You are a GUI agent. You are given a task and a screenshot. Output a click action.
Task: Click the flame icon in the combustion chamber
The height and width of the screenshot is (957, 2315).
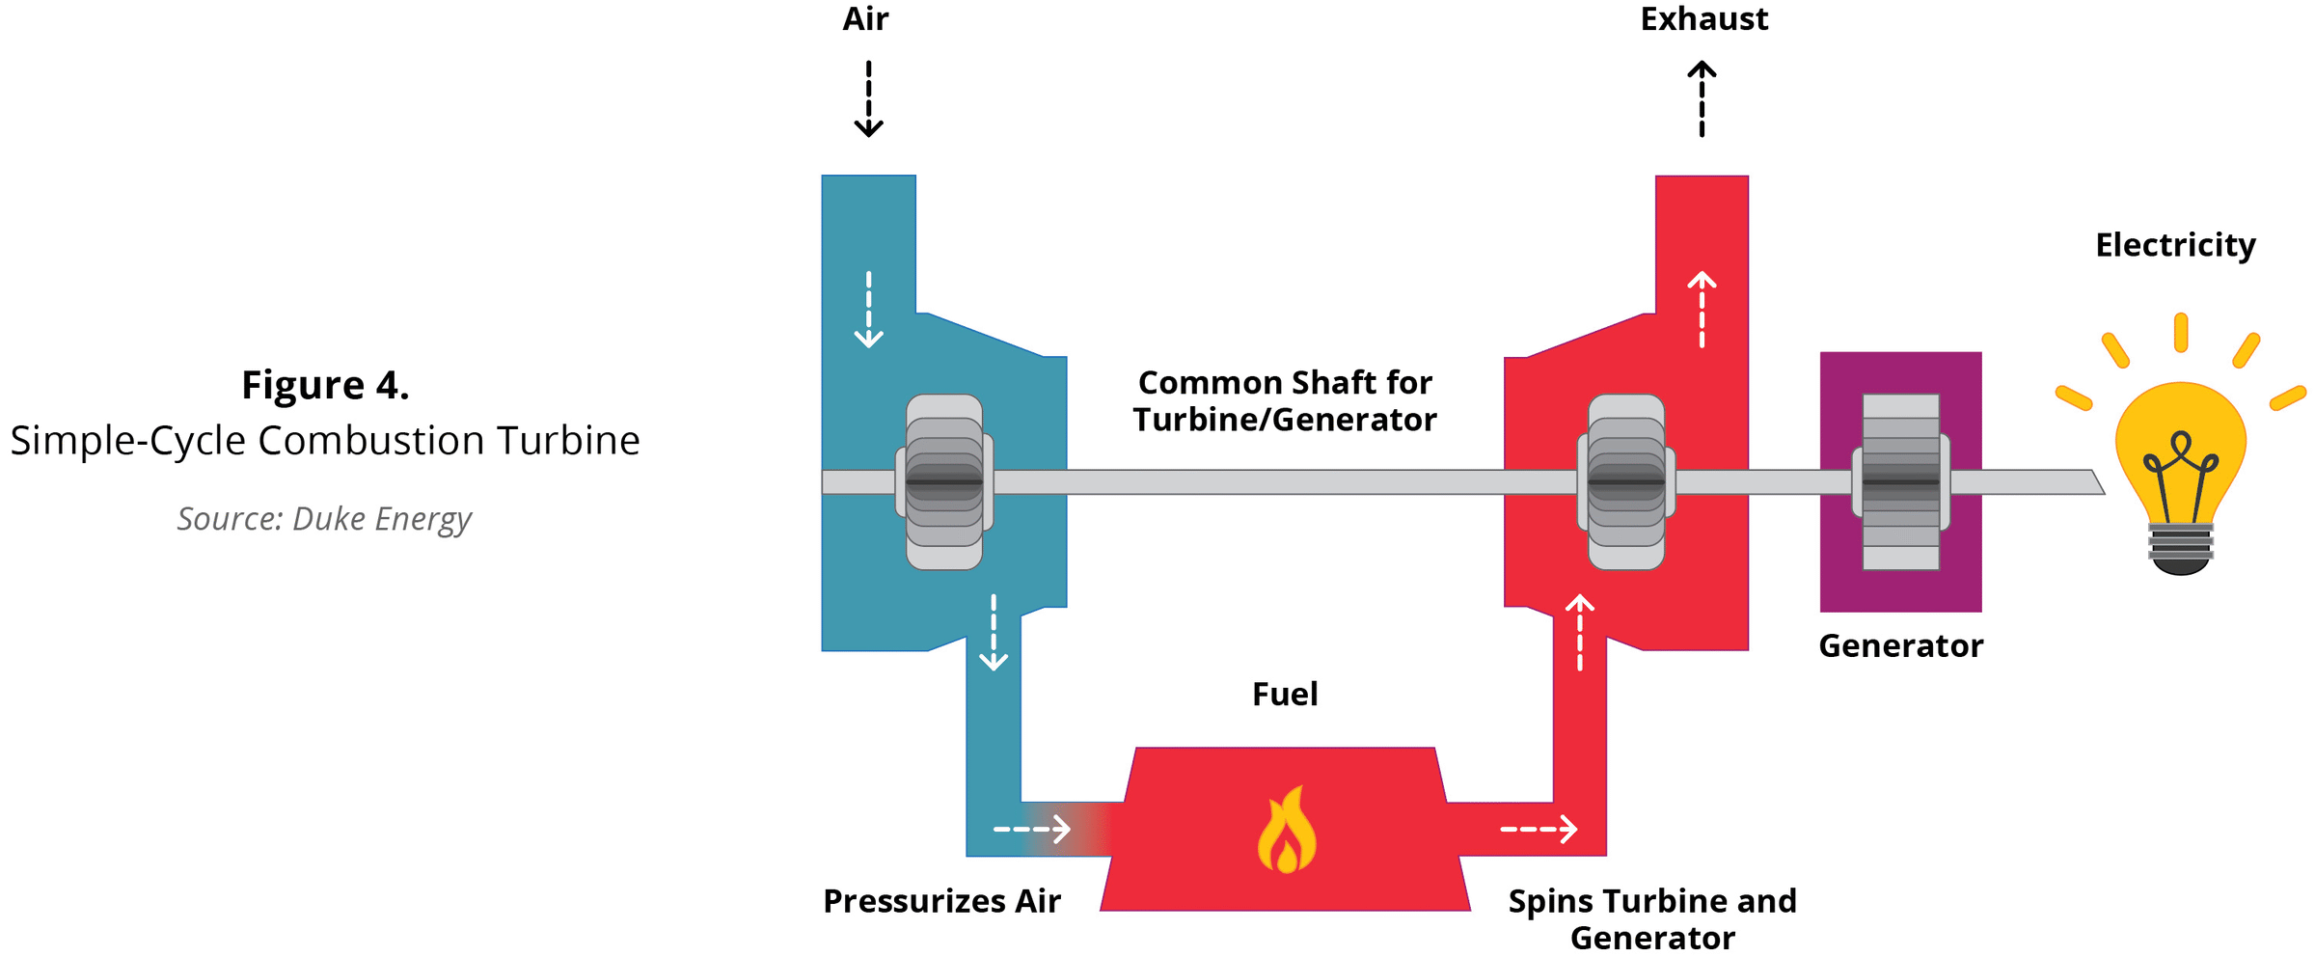pyautogui.click(x=1286, y=831)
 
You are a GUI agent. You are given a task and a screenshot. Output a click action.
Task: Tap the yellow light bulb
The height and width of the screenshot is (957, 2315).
pyautogui.click(x=2180, y=453)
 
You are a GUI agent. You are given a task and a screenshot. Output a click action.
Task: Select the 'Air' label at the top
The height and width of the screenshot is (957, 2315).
pyautogui.click(x=865, y=19)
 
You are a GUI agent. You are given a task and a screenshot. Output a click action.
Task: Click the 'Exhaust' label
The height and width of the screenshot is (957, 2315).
pyautogui.click(x=1703, y=19)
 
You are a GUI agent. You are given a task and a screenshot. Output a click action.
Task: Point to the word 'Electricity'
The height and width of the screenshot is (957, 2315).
pyautogui.click(x=2175, y=245)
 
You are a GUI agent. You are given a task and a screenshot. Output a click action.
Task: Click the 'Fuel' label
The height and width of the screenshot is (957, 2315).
pyautogui.click(x=1285, y=695)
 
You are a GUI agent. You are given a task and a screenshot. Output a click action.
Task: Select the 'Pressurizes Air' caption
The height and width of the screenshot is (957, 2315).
pyautogui.click(x=941, y=901)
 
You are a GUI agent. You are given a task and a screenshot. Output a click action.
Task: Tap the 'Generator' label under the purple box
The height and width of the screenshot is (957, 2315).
pyautogui.click(x=1900, y=645)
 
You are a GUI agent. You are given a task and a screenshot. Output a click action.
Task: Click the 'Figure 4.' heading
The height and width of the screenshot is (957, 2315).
pyautogui.click(x=325, y=385)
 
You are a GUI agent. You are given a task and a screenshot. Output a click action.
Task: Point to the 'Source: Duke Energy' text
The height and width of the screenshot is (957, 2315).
pyautogui.click(x=324, y=519)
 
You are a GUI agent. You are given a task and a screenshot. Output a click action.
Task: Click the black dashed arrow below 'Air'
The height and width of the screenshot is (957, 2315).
pyautogui.click(x=868, y=98)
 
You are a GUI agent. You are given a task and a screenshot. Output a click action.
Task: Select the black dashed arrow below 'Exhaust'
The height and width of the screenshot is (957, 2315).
pyautogui.click(x=1702, y=98)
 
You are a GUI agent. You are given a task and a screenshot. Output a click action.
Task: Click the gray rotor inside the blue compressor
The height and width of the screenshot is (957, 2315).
pyautogui.click(x=944, y=481)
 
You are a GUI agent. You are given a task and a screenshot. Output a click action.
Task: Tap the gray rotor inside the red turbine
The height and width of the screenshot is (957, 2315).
pyautogui.click(x=1626, y=481)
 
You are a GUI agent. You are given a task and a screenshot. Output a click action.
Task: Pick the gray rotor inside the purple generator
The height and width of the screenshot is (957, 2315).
pyautogui.click(x=1900, y=481)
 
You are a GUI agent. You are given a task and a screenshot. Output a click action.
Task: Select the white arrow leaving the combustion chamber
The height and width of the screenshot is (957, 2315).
pyautogui.click(x=1539, y=829)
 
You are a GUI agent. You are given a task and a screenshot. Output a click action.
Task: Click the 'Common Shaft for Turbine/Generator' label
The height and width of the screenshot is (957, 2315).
pyautogui.click(x=1285, y=401)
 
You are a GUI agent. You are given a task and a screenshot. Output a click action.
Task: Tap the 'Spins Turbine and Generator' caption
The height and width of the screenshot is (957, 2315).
pyautogui.click(x=1652, y=918)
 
